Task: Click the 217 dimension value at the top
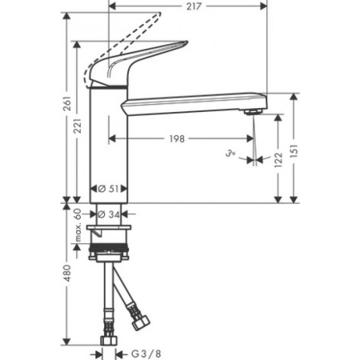[190, 6]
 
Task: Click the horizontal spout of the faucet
[192, 101]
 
